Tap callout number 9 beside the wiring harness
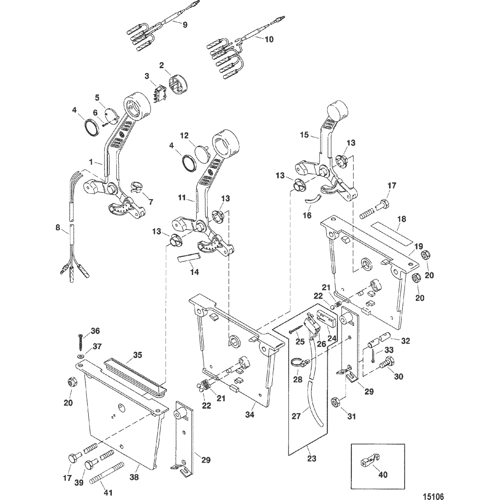pos(185,25)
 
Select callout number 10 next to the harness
pos(269,39)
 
